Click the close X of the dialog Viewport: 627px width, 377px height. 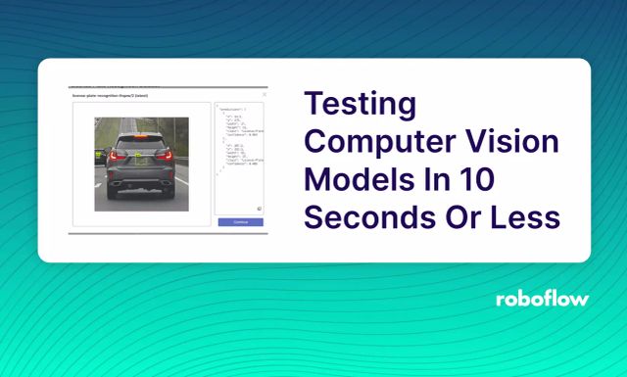pyautogui.click(x=265, y=95)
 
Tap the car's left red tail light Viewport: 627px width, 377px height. pyautogui.click(x=117, y=156)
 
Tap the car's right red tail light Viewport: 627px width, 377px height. pyautogui.click(x=166, y=156)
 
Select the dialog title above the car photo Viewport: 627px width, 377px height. pyautogui.click(x=108, y=96)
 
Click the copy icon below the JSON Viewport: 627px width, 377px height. pyautogui.click(x=259, y=209)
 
